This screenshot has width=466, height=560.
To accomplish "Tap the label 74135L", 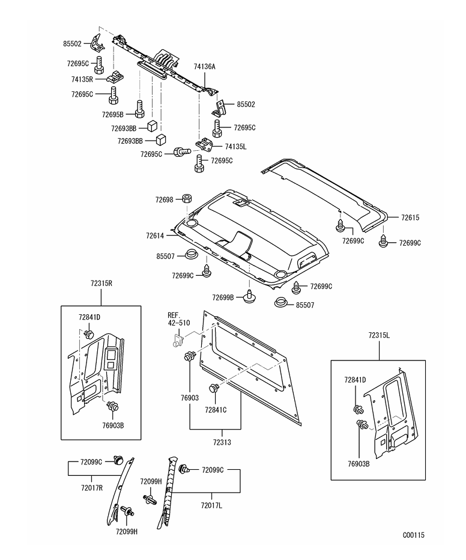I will (236, 146).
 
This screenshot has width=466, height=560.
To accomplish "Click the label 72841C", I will (215, 410).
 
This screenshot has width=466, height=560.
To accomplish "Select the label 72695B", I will (112, 114).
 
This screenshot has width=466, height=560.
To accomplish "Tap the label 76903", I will (190, 398).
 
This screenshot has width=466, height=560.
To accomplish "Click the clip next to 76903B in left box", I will (112, 407).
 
